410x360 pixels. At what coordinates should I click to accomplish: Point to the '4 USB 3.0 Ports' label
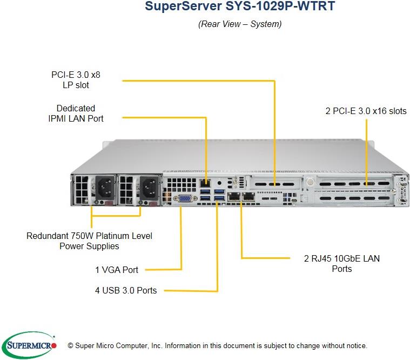tap(126, 290)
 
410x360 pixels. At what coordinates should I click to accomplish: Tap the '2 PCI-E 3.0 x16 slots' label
tap(366, 111)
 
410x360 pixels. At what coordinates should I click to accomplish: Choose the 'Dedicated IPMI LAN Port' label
tap(76, 113)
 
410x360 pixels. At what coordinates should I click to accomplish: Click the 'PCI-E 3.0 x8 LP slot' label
tap(76, 80)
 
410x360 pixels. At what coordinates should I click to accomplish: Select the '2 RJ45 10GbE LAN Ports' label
tap(341, 263)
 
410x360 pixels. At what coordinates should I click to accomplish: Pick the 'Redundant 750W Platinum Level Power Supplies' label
tap(89, 241)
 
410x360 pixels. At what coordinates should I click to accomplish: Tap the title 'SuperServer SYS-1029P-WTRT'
tap(239, 8)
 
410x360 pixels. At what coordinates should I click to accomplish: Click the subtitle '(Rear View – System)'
tap(239, 24)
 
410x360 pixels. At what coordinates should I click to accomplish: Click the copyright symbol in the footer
tap(70, 345)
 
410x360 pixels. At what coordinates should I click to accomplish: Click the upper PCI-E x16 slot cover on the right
tap(354, 185)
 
